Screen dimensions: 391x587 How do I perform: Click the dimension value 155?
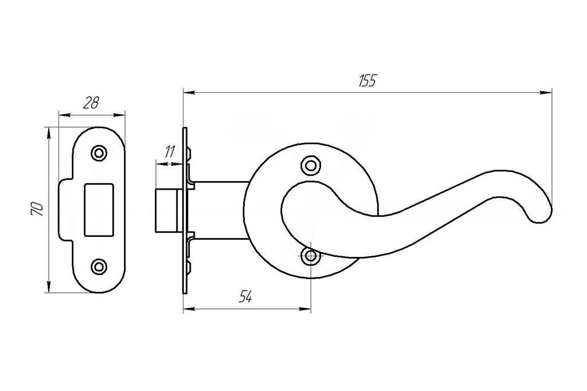(x=367, y=81)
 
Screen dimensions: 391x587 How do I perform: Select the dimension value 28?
(x=91, y=104)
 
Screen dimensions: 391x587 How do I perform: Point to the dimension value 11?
(x=169, y=152)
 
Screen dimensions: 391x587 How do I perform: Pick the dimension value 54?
(x=245, y=296)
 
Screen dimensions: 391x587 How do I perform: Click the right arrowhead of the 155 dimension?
(x=547, y=92)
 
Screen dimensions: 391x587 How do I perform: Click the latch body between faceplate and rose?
(x=221, y=210)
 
